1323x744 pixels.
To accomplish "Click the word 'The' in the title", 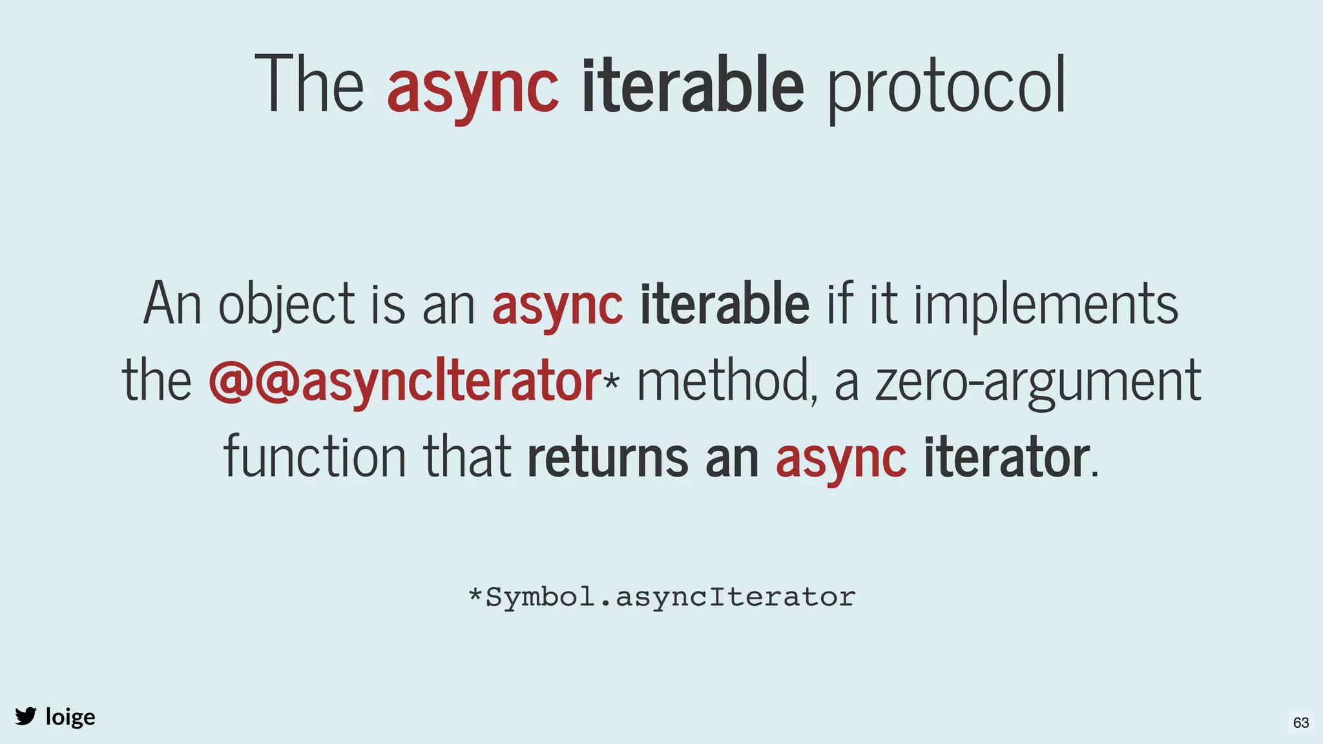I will coord(309,85).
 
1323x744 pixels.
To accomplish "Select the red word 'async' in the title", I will coord(472,87).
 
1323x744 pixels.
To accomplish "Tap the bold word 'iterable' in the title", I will coord(693,85).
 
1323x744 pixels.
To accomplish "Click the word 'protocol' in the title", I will coord(946,87).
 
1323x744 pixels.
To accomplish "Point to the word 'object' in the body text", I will coord(286,305).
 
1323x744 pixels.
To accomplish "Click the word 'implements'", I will coord(1045,305).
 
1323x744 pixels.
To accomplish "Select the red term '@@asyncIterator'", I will coord(405,382).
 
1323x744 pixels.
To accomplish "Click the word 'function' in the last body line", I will coord(315,457).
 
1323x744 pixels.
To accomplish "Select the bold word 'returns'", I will coord(607,457).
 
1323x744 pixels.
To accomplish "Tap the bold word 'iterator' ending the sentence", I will coord(1005,457).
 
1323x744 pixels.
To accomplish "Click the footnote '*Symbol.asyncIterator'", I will coord(661,597).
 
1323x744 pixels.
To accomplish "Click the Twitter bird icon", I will coord(26,716).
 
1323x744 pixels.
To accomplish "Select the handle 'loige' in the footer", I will coord(70,717).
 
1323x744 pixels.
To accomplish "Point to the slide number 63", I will coord(1301,722).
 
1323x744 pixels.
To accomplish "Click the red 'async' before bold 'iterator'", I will coord(840,459).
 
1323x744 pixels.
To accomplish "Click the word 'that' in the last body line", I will coord(467,457).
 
